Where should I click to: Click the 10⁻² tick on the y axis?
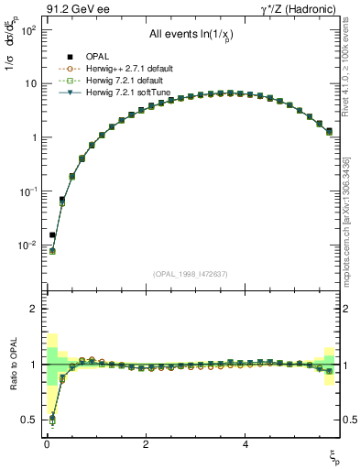click(27, 245)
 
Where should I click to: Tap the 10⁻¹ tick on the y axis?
click(27, 191)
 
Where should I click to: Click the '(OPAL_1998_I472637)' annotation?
click(191, 274)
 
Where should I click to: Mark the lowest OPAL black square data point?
click(52, 235)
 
